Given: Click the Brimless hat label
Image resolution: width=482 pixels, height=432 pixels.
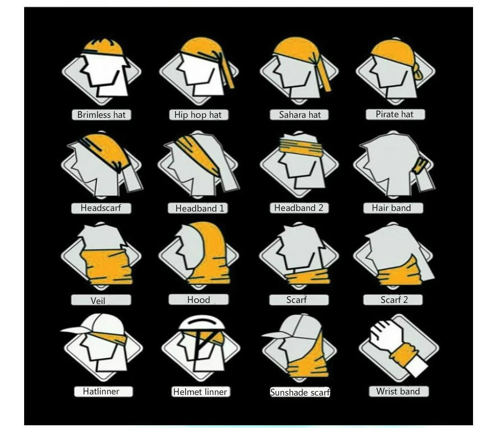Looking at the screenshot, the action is (x=101, y=115).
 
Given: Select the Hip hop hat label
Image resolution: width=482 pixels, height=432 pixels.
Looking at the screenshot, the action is (x=198, y=115).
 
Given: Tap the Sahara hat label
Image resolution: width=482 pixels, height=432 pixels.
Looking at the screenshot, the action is (x=300, y=115).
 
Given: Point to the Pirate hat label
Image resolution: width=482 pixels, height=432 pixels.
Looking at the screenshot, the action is (x=394, y=114).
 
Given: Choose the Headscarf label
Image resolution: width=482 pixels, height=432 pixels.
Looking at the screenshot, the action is (x=100, y=208).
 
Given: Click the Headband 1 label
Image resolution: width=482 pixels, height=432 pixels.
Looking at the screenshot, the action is (x=199, y=209).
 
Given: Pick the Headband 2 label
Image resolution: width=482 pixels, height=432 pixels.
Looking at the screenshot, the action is (x=299, y=208).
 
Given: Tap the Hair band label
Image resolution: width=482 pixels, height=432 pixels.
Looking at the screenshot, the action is (x=391, y=208).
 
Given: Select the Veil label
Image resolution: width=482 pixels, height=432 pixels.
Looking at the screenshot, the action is (x=98, y=301).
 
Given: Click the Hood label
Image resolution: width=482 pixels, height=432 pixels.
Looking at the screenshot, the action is (x=198, y=300).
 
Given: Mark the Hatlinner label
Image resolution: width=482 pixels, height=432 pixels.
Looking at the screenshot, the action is (x=100, y=392).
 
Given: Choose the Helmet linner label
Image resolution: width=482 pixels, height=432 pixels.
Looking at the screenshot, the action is (x=200, y=392).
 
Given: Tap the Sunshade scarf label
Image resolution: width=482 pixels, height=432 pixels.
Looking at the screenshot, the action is (x=300, y=393).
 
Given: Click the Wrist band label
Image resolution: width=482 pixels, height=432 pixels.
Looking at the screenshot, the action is (x=398, y=392).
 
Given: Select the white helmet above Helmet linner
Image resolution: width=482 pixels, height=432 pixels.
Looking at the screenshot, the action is (x=199, y=322).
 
